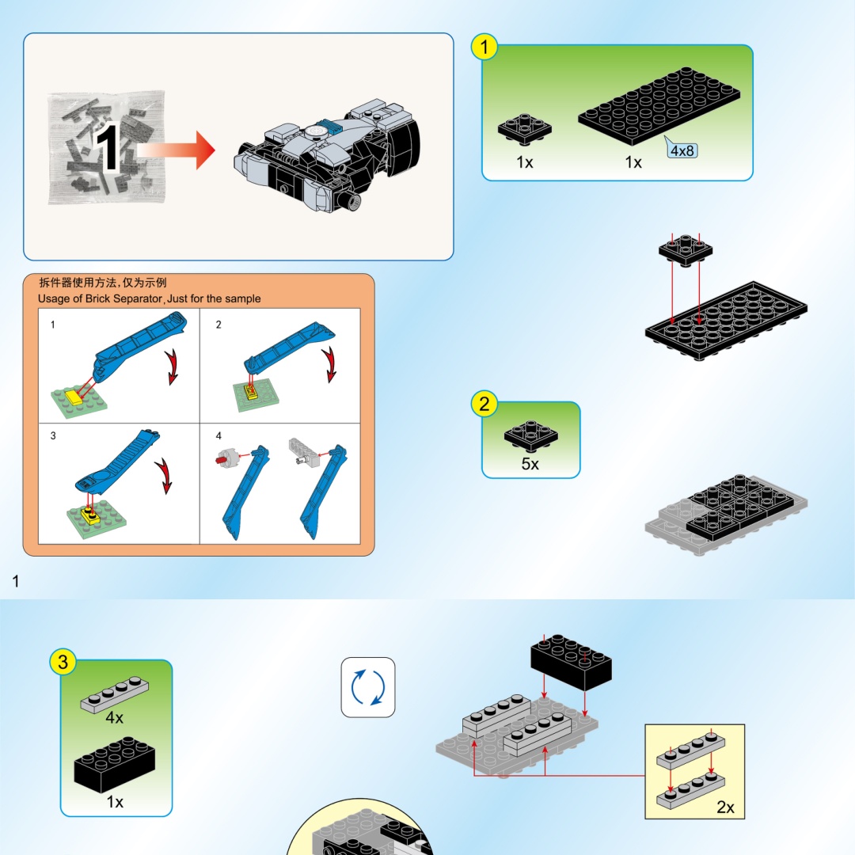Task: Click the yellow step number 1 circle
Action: click(484, 47)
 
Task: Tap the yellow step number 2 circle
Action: click(484, 404)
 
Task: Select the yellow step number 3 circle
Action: click(63, 661)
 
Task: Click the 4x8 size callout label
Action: click(682, 150)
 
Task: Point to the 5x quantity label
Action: click(530, 463)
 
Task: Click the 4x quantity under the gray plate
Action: click(115, 717)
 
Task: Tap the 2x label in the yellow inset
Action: click(725, 807)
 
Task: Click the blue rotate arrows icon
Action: click(368, 687)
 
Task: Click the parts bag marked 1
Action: click(107, 148)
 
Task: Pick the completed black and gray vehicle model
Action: click(327, 155)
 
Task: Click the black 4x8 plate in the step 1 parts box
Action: click(659, 106)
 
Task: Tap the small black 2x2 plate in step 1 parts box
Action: click(525, 129)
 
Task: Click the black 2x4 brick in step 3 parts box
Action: click(115, 764)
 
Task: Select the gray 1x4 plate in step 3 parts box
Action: click(115, 695)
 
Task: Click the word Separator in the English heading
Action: click(138, 298)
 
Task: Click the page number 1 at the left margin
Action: click(16, 581)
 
